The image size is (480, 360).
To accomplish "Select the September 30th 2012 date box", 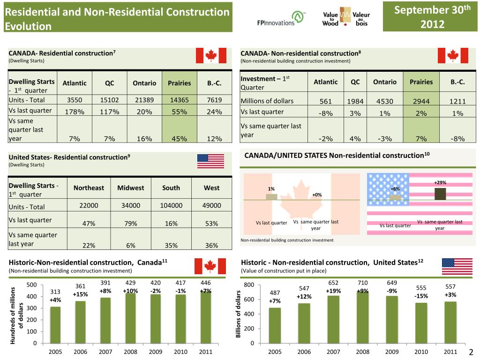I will (x=431, y=16).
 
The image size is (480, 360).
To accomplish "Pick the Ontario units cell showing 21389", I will (x=144, y=99).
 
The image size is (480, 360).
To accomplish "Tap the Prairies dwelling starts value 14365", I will (x=180, y=99).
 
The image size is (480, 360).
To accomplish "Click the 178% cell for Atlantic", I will (x=75, y=112).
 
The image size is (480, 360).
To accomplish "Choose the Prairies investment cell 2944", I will (x=421, y=101).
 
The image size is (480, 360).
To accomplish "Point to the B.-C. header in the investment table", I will (x=457, y=82).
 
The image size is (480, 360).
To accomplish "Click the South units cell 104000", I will (x=171, y=205).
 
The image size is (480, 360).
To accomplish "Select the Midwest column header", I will (x=130, y=187).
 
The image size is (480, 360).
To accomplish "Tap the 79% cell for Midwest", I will (x=130, y=223).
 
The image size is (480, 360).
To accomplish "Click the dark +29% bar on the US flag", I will (x=440, y=194).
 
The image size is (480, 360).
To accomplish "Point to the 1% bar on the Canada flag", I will (x=271, y=196).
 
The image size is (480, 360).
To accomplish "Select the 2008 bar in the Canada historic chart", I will (x=130, y=318).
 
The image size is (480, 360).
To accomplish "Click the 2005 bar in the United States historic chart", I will (x=275, y=325).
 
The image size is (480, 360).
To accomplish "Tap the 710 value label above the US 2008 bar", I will (x=363, y=283).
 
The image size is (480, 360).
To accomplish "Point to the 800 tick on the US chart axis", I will (x=248, y=285).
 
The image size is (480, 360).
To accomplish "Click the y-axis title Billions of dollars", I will (x=239, y=314).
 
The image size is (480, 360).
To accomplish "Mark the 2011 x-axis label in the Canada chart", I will (x=206, y=352).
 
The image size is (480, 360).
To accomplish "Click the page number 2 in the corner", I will (x=471, y=352).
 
